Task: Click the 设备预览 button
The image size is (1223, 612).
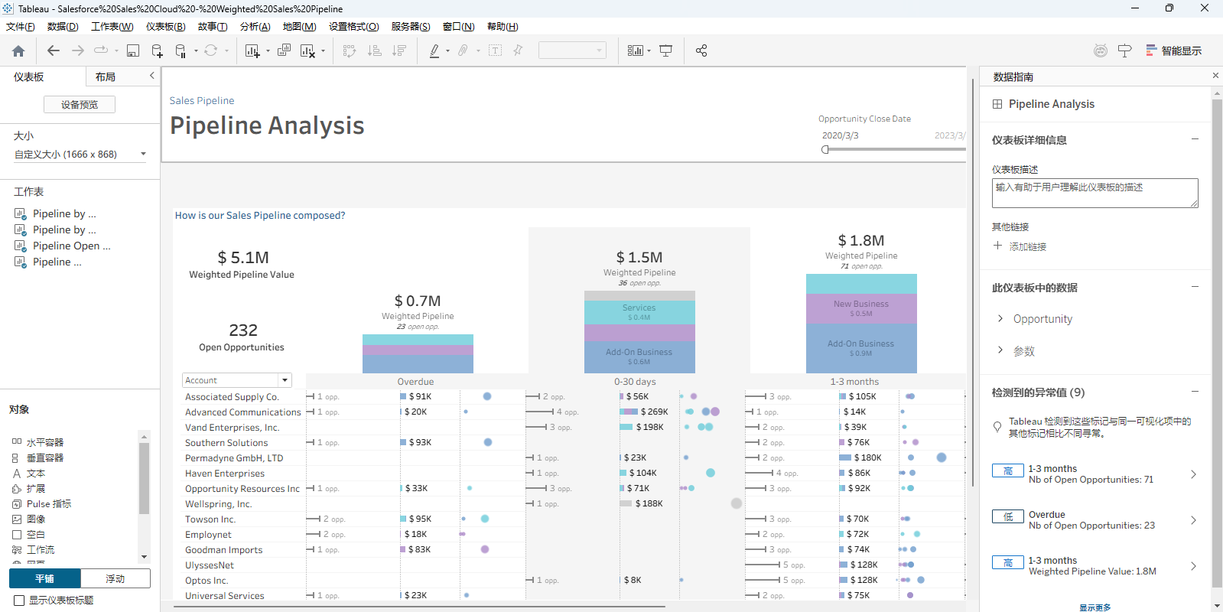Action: [80, 105]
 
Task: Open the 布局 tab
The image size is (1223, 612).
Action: [106, 77]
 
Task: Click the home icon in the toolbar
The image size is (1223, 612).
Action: [18, 51]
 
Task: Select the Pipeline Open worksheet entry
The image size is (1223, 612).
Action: [71, 246]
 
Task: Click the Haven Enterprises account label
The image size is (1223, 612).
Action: [225, 474]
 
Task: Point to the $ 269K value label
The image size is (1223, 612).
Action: [654, 412]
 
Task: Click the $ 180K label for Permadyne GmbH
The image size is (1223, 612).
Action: [864, 457]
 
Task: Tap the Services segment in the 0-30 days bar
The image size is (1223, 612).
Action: [639, 311]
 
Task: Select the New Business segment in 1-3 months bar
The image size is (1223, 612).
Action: [861, 308]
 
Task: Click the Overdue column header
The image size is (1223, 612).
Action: [415, 382]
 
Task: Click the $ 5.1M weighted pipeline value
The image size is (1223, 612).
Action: [242, 258]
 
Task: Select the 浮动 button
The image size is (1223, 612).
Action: [115, 579]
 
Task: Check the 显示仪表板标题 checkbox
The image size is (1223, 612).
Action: [20, 601]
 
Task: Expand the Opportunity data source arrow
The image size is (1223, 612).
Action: [1000, 318]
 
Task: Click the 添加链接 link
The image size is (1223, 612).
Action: [1027, 247]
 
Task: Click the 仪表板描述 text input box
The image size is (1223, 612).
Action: [1095, 193]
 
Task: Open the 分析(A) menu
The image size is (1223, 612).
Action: [255, 27]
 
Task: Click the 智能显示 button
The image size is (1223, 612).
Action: [1174, 51]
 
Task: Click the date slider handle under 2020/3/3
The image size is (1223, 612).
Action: [825, 150]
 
